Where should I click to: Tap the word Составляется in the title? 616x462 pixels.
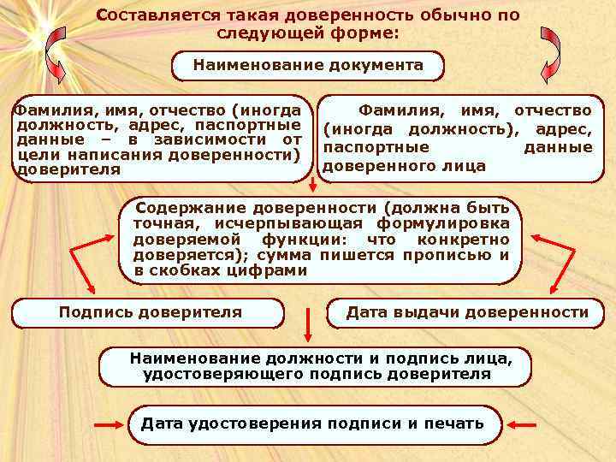pyautogui.click(x=151, y=16)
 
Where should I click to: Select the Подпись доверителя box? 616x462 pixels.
pyautogui.click(x=150, y=313)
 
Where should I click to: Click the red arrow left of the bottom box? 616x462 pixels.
pyautogui.click(x=108, y=424)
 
